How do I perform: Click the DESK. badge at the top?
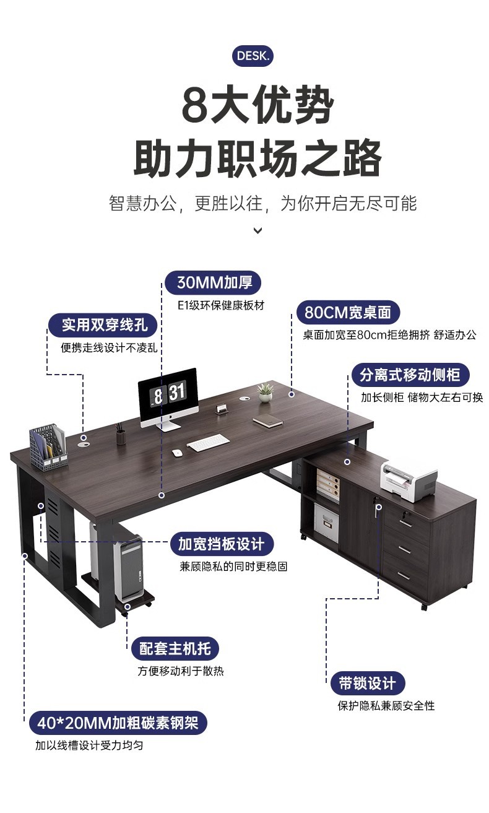coord(253,56)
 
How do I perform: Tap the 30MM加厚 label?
coord(214,283)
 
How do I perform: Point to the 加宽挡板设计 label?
coord(221,544)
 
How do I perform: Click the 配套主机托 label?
coord(175,649)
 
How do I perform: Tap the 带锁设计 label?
coord(367,684)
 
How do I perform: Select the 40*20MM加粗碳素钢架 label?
coord(118,723)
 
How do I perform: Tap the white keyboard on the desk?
coord(208,443)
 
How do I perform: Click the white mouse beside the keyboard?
coord(177,453)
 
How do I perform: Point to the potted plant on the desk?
coord(266,393)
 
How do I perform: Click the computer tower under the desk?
coord(131,567)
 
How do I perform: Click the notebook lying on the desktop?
coord(267,422)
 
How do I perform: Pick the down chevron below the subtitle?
coord(258,231)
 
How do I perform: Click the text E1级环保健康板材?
coord(221,305)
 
